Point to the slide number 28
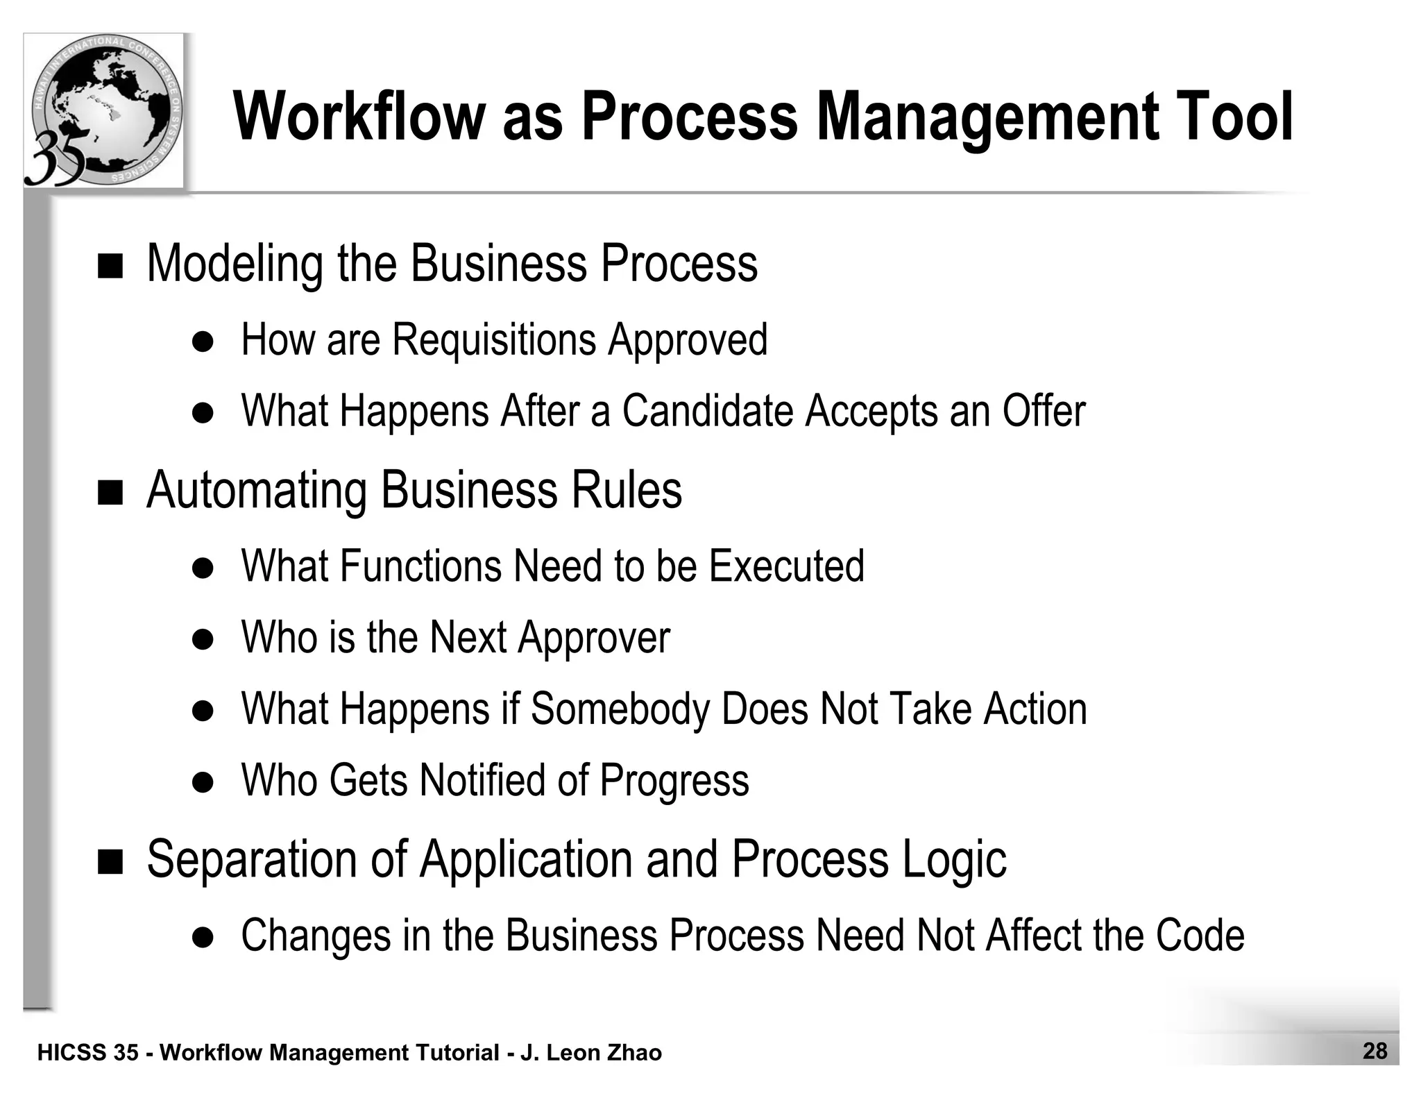tap(1375, 1051)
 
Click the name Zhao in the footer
tap(634, 1053)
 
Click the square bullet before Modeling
tap(110, 266)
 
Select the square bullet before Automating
tap(110, 493)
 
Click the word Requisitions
tap(494, 340)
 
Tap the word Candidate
tap(707, 411)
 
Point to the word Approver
tap(593, 639)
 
